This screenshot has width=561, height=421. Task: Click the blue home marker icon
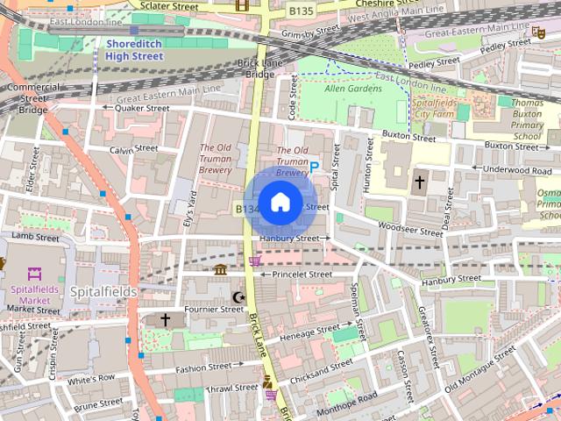coord(280,203)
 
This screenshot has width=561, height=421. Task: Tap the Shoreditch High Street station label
coord(134,49)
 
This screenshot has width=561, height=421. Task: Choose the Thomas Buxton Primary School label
coord(527,119)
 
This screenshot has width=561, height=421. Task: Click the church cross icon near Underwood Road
coord(419,182)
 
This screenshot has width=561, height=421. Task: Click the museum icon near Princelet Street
coord(220,269)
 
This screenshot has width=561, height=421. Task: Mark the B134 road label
coord(246,209)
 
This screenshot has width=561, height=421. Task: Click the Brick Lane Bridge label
coord(259,68)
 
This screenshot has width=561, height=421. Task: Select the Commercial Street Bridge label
coord(33,98)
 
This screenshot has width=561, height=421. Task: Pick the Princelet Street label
coord(302,275)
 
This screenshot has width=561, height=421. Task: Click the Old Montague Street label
coord(479,369)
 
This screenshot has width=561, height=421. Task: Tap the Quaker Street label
coord(140,108)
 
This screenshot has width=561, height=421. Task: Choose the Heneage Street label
coord(309,333)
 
